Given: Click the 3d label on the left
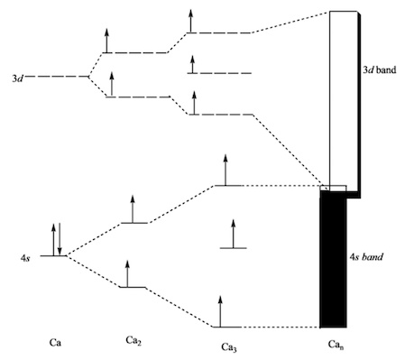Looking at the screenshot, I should [x=14, y=78].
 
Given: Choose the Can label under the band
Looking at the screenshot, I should [x=338, y=345].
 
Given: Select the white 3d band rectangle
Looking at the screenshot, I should [x=342, y=99].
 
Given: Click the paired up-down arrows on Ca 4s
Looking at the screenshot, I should [x=56, y=239].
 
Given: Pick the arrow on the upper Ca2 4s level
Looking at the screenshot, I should [x=133, y=208].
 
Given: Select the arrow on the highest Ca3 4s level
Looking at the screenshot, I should [x=226, y=171].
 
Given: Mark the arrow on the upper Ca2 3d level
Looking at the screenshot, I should [x=106, y=40].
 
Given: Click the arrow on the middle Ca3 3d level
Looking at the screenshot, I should [x=191, y=64].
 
